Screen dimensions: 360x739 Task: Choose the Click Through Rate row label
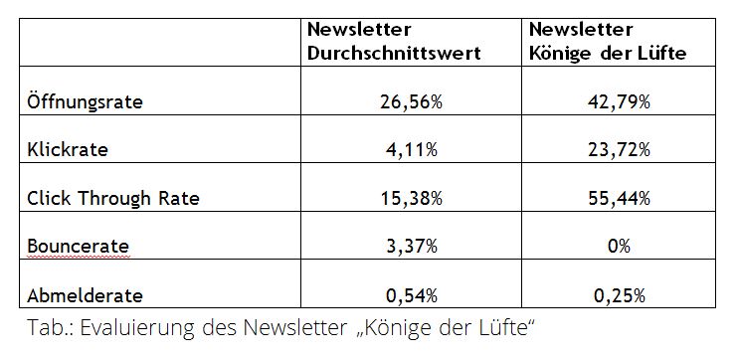tap(113, 198)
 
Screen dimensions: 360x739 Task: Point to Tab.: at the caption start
tap(52, 329)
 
